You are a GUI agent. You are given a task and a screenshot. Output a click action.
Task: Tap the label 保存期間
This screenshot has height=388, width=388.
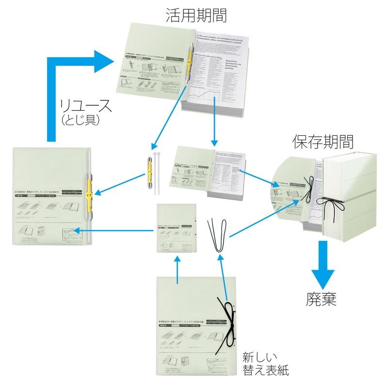(323, 141)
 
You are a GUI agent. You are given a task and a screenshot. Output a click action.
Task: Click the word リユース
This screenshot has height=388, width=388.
(86, 105)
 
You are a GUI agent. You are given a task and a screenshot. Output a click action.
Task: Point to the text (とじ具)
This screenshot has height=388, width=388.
(81, 119)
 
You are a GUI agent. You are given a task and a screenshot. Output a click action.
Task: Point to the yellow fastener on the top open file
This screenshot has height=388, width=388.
(189, 63)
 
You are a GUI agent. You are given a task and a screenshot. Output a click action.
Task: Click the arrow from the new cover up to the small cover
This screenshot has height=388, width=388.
(177, 270)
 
